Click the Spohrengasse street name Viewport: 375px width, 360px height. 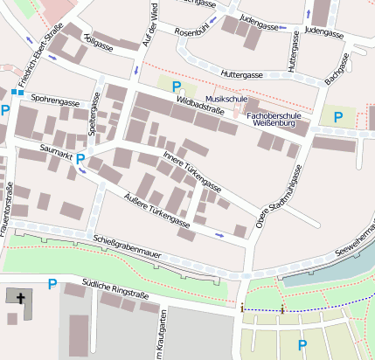[55, 100]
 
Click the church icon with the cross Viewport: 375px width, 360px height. [17, 297]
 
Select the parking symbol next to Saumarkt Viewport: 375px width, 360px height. [80, 159]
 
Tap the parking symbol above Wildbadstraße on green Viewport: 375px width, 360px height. [177, 87]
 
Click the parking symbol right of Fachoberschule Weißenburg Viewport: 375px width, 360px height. [337, 116]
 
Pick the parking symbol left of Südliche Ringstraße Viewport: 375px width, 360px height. [52, 283]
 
